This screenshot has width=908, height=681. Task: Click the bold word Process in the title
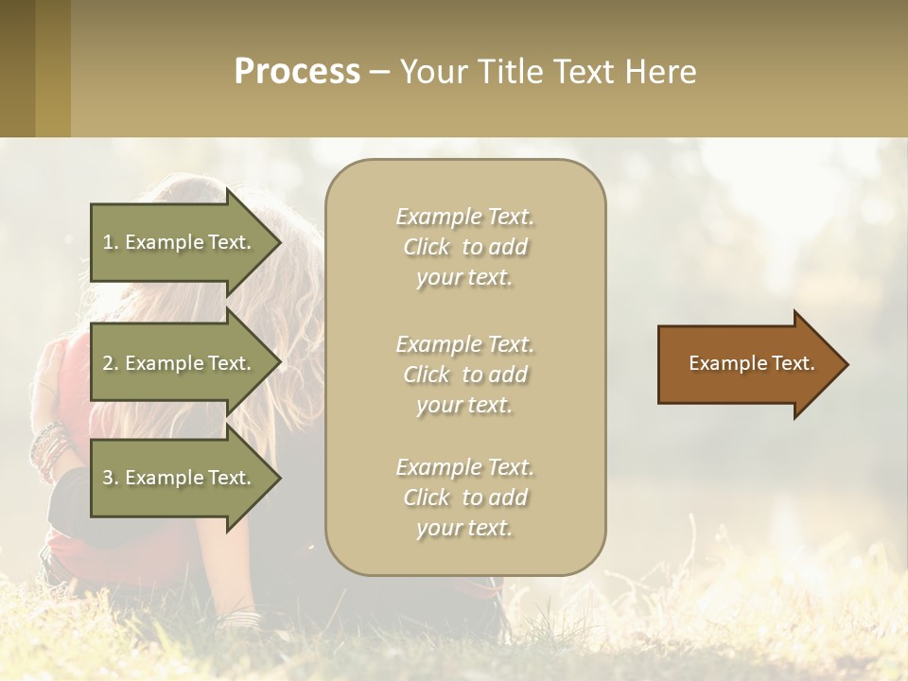[x=297, y=72]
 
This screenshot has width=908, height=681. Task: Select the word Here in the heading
[x=659, y=72]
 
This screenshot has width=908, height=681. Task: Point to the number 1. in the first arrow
[x=111, y=242]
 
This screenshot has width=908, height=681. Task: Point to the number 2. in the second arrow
[x=111, y=363]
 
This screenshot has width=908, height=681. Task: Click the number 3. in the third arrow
[x=111, y=478]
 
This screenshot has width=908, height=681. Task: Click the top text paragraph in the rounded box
[x=464, y=247]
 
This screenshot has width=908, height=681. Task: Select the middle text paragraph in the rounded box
[x=464, y=375]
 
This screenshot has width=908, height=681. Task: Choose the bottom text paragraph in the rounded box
[x=464, y=498]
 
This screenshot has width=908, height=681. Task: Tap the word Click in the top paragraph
[x=427, y=247]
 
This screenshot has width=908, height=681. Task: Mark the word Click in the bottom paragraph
[x=427, y=498]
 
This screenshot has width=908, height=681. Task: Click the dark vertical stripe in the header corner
[x=17, y=68]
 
